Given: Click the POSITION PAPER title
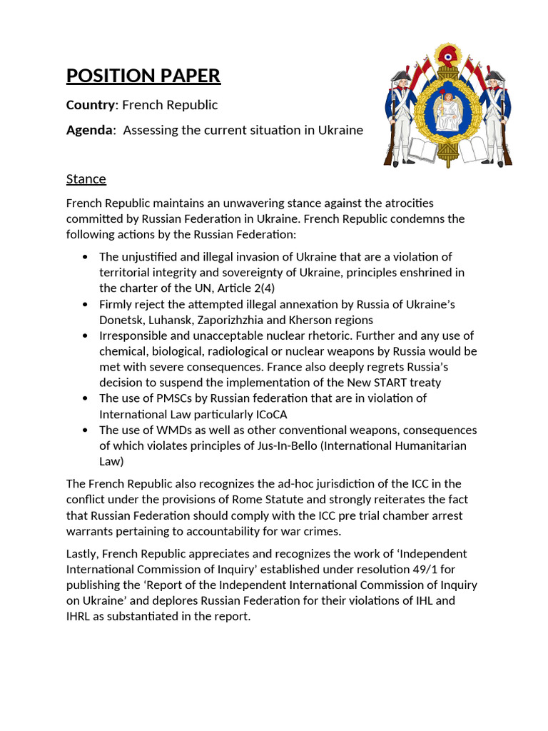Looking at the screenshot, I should pos(143,76).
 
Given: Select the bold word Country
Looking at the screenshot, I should pos(90,105).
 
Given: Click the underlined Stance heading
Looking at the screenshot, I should pos(86,178).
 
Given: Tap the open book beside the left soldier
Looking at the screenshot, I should pos(422,150).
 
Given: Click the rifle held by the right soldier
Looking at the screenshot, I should pos(504,136).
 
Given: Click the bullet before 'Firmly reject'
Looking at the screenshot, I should pos(86,304).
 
